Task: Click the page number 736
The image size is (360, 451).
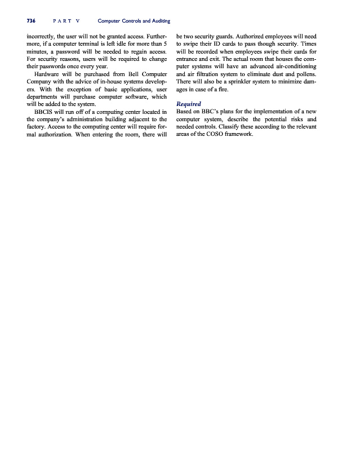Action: (31, 21)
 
